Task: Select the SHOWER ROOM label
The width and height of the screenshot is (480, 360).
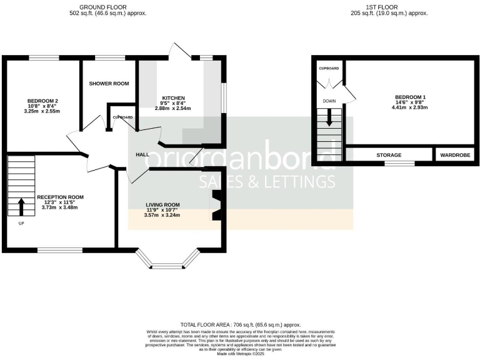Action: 109,84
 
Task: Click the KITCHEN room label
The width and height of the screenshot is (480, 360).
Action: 173,98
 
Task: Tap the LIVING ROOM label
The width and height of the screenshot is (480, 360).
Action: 162,204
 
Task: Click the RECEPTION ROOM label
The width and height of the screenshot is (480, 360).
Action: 60,197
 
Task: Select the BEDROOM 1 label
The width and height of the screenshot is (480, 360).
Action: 410,97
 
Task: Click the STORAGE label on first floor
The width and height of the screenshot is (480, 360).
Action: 388,154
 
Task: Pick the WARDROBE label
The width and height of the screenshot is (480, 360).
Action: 455,154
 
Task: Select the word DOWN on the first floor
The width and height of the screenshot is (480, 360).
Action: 329,100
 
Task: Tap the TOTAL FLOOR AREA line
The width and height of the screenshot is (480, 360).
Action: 240,325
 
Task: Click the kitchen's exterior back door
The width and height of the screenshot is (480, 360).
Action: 179,52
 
